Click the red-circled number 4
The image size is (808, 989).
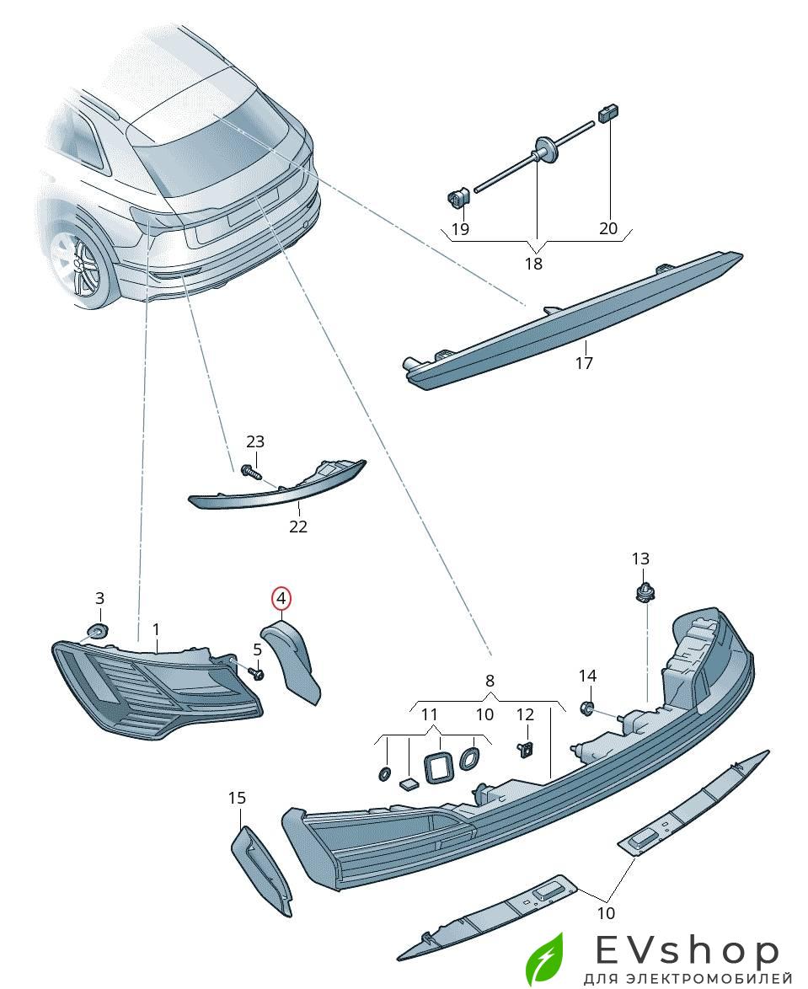[281, 599]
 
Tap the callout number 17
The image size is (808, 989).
[584, 363]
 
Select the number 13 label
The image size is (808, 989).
[640, 559]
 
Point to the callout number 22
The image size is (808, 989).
[298, 527]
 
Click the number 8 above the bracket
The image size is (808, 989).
[490, 681]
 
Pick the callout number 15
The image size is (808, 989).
[237, 797]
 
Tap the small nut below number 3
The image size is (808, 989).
[98, 632]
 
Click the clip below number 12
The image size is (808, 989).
[526, 749]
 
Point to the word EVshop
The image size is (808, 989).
[688, 952]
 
